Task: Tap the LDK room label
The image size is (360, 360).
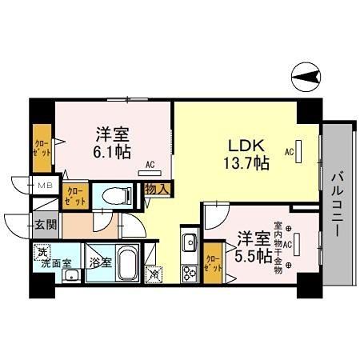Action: pyautogui.click(x=245, y=146)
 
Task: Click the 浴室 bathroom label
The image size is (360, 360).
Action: pyautogui.click(x=100, y=262)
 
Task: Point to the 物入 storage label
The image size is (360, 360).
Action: pyautogui.click(x=157, y=190)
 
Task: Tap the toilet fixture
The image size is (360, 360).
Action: pyautogui.click(x=112, y=195)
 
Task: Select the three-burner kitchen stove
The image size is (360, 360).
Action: pyautogui.click(x=190, y=273)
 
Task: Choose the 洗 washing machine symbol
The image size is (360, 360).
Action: pyautogui.click(x=41, y=251)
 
